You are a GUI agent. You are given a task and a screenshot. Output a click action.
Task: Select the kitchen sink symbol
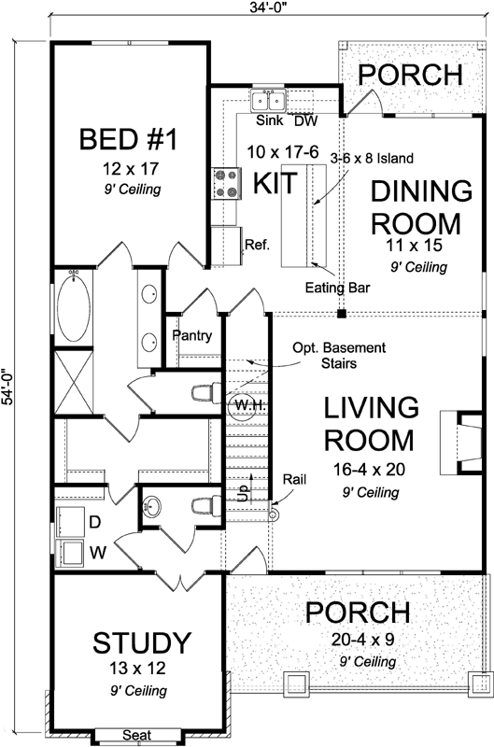pos(270,100)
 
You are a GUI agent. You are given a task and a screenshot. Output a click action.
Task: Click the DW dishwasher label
pos(305,120)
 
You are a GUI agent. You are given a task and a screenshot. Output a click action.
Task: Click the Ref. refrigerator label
pos(257,246)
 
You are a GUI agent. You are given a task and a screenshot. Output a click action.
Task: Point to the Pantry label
pos(192,336)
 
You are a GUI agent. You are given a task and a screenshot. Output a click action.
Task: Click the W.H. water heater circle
pos(240,407)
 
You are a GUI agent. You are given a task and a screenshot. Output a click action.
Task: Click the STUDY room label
pos(142,643)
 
